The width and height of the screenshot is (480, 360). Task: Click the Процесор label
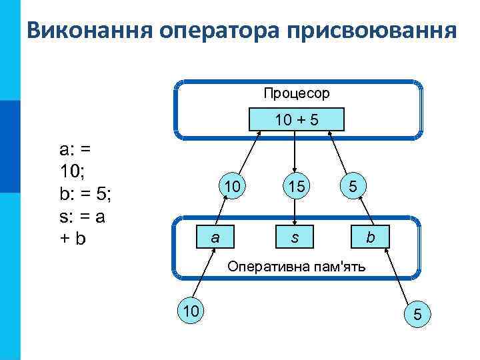pos(296,93)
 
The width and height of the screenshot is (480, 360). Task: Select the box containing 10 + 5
pos(296,120)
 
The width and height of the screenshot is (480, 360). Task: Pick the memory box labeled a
pos(213,237)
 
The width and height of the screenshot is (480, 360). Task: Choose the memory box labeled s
pos(295,237)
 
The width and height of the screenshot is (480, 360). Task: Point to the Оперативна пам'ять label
pos(301,267)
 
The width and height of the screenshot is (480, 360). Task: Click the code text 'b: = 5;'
pos(85,194)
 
